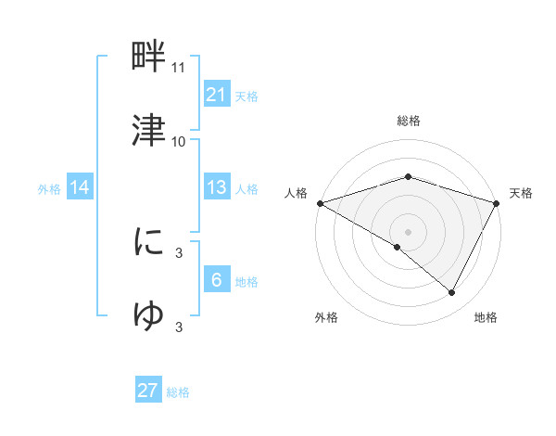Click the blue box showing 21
click(216, 94)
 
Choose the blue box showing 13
click(216, 187)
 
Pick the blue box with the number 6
click(216, 279)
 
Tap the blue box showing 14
click(80, 187)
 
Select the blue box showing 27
click(148, 391)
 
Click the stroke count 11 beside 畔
click(179, 68)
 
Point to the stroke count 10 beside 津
click(179, 141)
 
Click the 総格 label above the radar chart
click(408, 121)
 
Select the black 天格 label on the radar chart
click(522, 193)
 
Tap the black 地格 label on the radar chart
click(486, 318)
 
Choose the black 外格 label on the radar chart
click(326, 318)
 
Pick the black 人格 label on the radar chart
click(296, 193)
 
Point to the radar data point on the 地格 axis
click(452, 293)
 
